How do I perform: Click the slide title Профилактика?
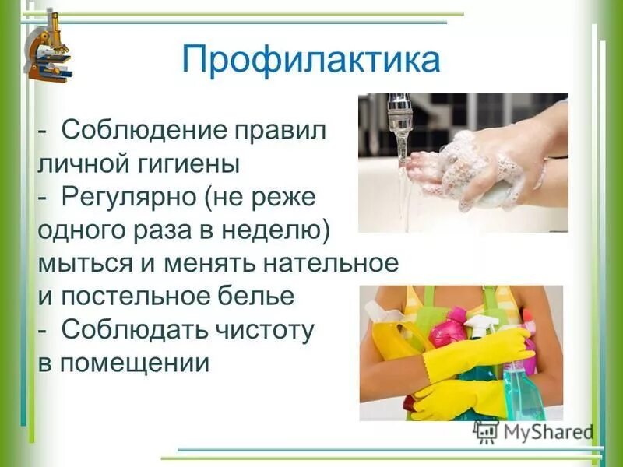click(x=311, y=60)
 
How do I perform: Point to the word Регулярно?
click(x=129, y=198)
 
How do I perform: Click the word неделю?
click(x=280, y=230)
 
